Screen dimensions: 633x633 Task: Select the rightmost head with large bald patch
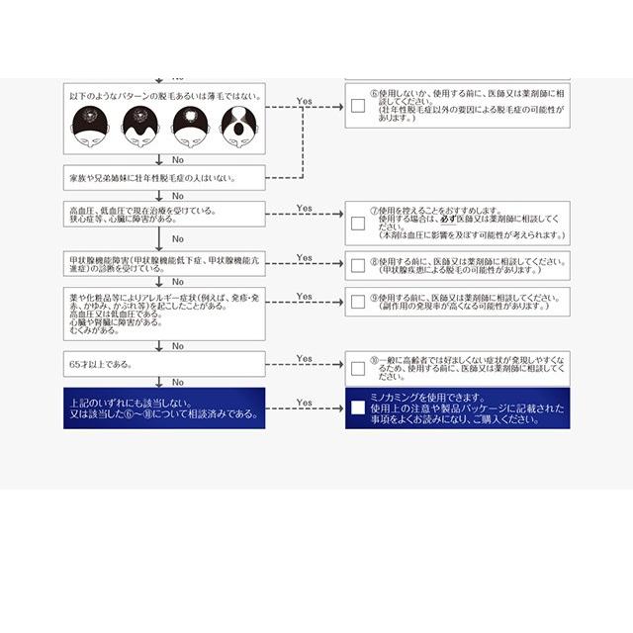point(237,126)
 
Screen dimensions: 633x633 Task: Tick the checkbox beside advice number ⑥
point(358,107)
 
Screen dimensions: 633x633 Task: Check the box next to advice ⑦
point(358,224)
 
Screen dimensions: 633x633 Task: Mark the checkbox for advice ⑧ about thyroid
point(358,266)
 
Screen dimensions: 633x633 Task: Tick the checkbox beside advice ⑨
point(358,302)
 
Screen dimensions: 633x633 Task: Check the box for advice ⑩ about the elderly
point(358,369)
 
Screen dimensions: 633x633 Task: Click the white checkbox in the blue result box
point(358,407)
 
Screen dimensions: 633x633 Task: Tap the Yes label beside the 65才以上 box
point(304,359)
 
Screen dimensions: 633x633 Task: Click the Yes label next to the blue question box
point(304,403)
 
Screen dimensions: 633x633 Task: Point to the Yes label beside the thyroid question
point(304,258)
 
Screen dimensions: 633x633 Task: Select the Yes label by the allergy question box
point(304,296)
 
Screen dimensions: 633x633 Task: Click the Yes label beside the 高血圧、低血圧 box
point(304,209)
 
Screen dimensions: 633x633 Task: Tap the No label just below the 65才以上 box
point(178,382)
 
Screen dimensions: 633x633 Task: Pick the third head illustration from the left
point(189,126)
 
